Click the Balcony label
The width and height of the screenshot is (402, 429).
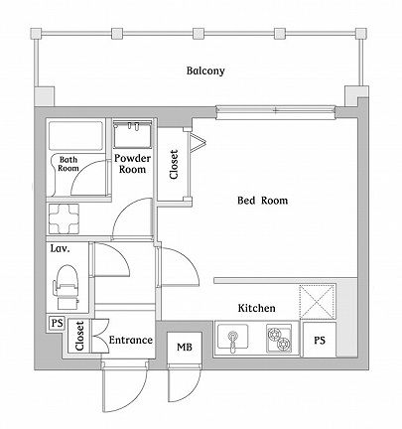(x=205, y=71)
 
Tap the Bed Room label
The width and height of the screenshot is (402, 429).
(x=263, y=201)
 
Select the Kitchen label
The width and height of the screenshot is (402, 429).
(x=256, y=308)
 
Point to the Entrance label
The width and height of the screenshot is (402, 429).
(x=131, y=340)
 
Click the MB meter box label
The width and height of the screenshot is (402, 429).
(x=185, y=348)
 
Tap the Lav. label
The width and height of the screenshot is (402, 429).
(x=60, y=248)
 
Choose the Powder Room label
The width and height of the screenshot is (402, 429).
(x=132, y=164)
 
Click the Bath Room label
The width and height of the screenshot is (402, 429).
(x=68, y=164)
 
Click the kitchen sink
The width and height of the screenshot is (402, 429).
(x=232, y=337)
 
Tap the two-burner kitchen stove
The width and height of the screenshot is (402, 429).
(x=279, y=338)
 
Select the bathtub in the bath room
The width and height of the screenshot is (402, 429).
(x=75, y=136)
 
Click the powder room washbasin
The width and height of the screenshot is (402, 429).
(x=132, y=134)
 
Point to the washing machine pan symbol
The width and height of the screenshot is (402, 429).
(x=65, y=218)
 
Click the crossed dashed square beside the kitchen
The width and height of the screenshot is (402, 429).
(x=318, y=301)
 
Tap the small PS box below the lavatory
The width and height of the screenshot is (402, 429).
(x=58, y=323)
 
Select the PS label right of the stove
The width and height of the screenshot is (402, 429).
(x=320, y=340)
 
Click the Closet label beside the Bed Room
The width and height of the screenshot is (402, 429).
(x=174, y=165)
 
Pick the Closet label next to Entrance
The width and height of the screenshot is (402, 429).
(x=79, y=336)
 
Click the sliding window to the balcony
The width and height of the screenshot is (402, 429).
(x=276, y=112)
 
